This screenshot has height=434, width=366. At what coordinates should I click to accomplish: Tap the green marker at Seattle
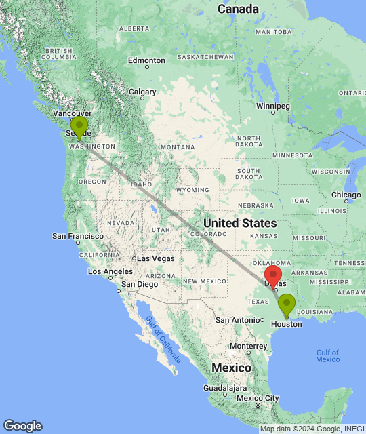pyautogui.click(x=79, y=127)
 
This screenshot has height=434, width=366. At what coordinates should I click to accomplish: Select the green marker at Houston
pyautogui.click(x=287, y=304)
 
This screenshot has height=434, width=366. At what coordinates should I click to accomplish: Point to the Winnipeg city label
pyautogui.click(x=273, y=106)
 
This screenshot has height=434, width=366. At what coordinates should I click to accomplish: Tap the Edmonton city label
pyautogui.click(x=146, y=60)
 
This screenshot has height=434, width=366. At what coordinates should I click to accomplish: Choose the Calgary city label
pyautogui.click(x=142, y=92)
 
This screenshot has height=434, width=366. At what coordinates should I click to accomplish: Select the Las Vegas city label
pyautogui.click(x=155, y=258)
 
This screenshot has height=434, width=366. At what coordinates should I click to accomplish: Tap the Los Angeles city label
pyautogui.click(x=112, y=271)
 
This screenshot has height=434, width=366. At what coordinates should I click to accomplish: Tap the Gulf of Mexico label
pyautogui.click(x=327, y=355)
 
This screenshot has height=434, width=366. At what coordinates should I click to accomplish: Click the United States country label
pyautogui.click(x=240, y=223)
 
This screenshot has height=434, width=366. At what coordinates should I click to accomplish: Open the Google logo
pyautogui.click(x=22, y=426)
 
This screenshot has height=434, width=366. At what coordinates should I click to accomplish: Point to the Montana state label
pyautogui.click(x=178, y=147)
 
